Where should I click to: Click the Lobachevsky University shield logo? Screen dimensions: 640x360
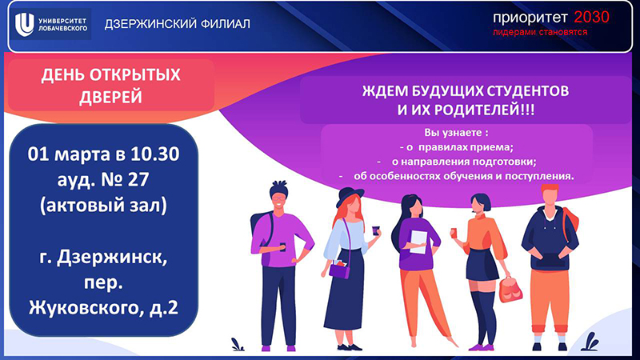point(25,24)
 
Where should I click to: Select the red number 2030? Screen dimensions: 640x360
point(591,17)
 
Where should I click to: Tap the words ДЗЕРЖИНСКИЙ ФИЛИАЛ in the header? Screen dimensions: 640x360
point(177,24)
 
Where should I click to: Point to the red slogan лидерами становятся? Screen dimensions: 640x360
point(539,32)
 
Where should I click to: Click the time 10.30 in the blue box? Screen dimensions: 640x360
point(155,154)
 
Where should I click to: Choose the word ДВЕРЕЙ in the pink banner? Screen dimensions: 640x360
point(110,98)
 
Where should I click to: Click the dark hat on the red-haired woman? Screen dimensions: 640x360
point(350,196)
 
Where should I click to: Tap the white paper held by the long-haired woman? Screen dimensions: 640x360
point(418,242)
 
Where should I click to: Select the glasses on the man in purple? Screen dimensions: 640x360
point(278,199)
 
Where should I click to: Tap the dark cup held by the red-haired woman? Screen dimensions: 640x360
point(375,230)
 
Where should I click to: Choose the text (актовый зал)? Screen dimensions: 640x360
point(103,206)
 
